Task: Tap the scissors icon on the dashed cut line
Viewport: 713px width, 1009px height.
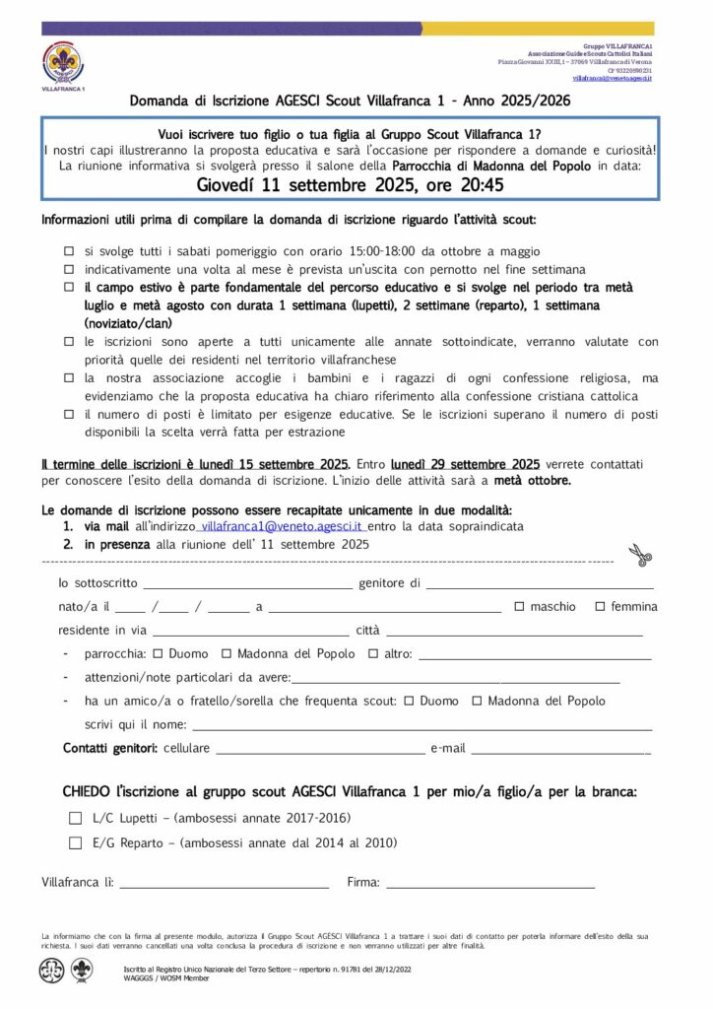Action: coord(641,556)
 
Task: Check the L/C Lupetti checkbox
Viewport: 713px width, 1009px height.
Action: coord(76,818)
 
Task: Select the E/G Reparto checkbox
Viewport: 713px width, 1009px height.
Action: coord(76,842)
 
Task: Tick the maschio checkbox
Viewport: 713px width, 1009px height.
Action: coord(519,607)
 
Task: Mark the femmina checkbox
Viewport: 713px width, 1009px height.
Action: coord(600,607)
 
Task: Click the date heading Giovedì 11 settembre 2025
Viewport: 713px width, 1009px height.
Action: coord(350,184)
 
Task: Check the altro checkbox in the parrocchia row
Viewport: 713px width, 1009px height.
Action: coord(373,654)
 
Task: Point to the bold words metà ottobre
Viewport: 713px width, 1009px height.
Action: coord(532,481)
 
